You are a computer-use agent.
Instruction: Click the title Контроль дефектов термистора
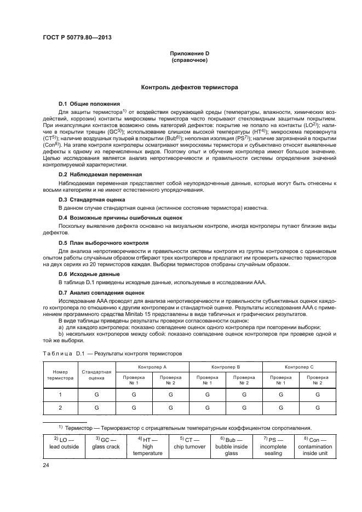pyautogui.click(x=189, y=87)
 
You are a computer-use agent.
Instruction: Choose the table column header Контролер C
pyautogui.click(x=299, y=365)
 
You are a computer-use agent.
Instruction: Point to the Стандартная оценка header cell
pyautogui.click(x=96, y=375)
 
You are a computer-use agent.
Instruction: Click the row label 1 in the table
pyautogui.click(x=60, y=394)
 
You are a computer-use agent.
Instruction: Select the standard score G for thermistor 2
pyautogui.click(x=96, y=408)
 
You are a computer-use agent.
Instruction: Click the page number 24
pyautogui.click(x=47, y=465)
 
